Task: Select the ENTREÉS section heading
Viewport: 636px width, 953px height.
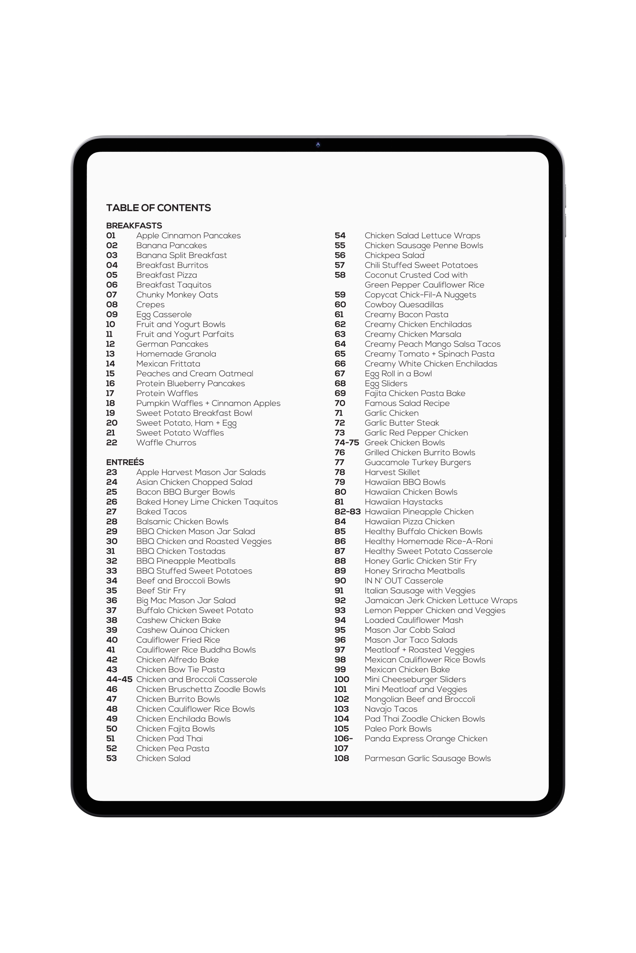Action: tap(125, 462)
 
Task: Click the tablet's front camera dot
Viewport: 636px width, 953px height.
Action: tap(318, 145)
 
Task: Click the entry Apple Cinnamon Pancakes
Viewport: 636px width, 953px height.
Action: tap(188, 236)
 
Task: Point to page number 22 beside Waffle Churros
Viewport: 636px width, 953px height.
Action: tap(112, 443)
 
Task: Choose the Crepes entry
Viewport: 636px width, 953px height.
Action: tap(150, 305)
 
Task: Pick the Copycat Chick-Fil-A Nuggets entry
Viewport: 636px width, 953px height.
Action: tap(420, 295)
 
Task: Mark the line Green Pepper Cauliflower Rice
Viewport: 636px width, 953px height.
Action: tap(424, 285)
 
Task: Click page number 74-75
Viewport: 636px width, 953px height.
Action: tap(347, 443)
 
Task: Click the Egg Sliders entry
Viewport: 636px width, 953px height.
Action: tap(386, 384)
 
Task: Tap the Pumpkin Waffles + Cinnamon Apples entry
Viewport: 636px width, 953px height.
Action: tap(208, 404)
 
